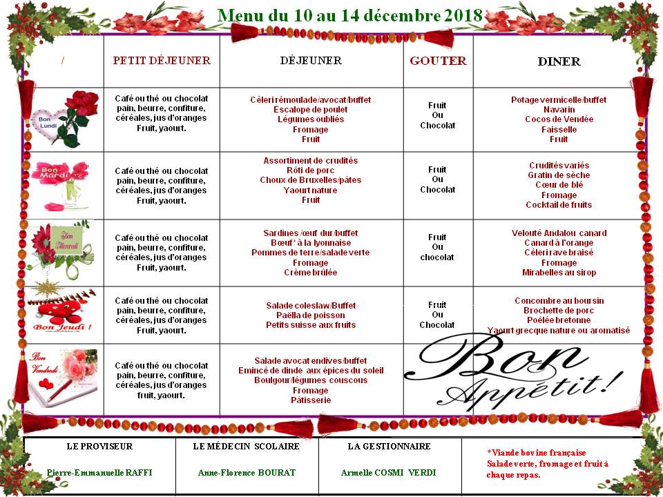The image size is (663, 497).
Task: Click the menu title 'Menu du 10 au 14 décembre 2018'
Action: (349, 16)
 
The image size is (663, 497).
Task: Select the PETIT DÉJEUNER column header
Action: (162, 61)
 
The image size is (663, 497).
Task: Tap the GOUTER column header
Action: (438, 61)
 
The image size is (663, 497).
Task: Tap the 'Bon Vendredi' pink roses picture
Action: (64, 378)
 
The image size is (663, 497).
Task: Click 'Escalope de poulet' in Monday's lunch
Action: (310, 110)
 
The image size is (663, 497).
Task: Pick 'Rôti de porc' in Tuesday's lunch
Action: (310, 170)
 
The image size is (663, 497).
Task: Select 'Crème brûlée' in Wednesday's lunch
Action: (310, 273)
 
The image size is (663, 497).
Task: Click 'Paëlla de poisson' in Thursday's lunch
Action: (310, 315)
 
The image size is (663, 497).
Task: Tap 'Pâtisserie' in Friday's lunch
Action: (310, 400)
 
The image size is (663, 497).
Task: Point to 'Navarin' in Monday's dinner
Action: (559, 110)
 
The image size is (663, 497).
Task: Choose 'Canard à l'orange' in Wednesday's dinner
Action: (559, 243)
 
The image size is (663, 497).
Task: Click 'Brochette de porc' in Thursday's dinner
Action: (559, 311)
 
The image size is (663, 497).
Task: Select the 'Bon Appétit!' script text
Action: (518, 373)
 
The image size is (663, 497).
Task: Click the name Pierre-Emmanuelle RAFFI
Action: (99, 473)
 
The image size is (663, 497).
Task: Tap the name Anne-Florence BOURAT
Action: (247, 473)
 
